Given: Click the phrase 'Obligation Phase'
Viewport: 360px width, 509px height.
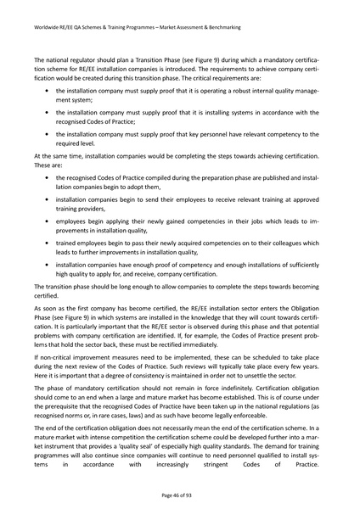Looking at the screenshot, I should (308, 337).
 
